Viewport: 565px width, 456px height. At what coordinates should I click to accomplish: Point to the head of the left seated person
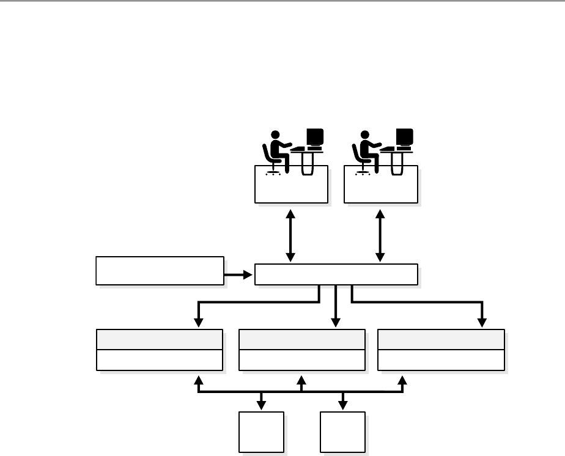coord(275,134)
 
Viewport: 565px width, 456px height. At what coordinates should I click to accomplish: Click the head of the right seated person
coord(365,134)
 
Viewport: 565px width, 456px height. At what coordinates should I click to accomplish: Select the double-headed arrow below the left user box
coord(291,235)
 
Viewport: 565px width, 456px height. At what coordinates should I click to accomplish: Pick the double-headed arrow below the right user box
coord(381,235)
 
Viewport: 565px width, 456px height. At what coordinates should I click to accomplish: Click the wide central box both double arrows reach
coord(336,274)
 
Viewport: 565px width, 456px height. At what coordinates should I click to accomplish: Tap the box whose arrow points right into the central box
coord(160,271)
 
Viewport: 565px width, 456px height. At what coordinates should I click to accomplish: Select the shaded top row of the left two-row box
coord(160,339)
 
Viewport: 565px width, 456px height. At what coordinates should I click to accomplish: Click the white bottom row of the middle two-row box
coord(301,360)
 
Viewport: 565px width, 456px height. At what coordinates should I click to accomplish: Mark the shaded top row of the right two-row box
coord(441,339)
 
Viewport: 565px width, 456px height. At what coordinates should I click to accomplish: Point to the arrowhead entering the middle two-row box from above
coord(335,322)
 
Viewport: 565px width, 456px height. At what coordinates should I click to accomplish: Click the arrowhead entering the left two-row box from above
coord(198,322)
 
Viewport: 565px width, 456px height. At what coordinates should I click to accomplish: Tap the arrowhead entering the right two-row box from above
coord(482,322)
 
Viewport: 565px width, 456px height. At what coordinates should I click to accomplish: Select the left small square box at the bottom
coord(262,432)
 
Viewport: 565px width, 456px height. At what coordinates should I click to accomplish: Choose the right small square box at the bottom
coord(343,432)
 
